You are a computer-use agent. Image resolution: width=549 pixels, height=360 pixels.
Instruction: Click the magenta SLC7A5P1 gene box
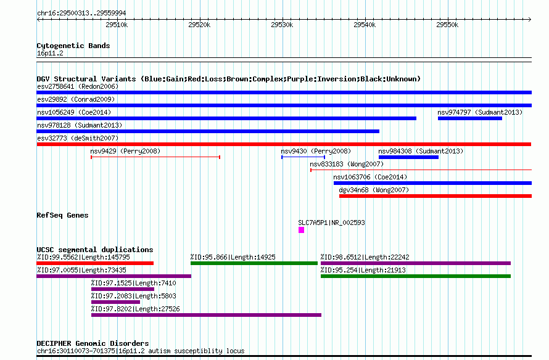[x=301, y=230]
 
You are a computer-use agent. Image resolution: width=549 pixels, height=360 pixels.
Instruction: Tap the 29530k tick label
[x=282, y=25]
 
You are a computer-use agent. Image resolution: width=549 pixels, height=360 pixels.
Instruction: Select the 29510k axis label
[x=117, y=25]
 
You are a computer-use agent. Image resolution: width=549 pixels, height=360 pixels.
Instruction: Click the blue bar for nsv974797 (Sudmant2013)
[x=470, y=118]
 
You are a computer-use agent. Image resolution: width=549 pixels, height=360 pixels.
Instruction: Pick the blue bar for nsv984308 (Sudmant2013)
[x=408, y=157]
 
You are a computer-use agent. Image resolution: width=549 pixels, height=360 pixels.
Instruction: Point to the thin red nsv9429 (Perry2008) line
[x=155, y=157]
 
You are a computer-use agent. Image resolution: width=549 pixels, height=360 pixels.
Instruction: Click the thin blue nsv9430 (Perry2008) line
[x=303, y=157]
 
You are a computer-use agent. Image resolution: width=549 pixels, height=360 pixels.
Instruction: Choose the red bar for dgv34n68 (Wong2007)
[x=435, y=196]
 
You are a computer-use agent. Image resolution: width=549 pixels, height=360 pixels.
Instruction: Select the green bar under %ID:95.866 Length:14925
[x=254, y=263]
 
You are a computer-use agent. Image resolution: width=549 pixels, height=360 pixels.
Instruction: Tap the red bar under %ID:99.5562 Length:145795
[x=95, y=263]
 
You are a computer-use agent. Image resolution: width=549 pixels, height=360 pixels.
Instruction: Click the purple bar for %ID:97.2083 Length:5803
[x=115, y=302]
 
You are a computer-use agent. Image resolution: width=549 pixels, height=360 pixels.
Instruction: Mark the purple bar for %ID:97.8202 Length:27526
[x=206, y=315]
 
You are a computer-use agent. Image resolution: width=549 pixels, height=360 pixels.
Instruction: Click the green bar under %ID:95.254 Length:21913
[x=416, y=276]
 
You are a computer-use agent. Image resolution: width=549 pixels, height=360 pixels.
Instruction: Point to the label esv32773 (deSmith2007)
[x=78, y=138]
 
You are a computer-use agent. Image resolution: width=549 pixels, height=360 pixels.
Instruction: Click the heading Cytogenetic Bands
[x=73, y=46]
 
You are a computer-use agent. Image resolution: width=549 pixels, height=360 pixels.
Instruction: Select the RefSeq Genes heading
[x=62, y=215]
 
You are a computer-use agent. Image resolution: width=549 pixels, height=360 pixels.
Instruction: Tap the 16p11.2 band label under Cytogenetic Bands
[x=50, y=53]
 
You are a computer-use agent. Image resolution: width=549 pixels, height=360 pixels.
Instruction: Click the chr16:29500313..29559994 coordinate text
[x=81, y=13]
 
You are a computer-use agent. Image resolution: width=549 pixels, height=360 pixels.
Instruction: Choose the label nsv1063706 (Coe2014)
[x=370, y=177]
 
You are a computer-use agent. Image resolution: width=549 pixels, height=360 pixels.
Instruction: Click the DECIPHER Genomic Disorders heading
[x=93, y=343]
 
